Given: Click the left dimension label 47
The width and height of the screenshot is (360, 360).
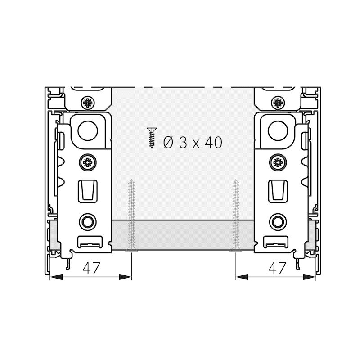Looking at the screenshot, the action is (x=91, y=268).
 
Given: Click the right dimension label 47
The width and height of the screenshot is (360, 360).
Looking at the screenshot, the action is (x=277, y=268).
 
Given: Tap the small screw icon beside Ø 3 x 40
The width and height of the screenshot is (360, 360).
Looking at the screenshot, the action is (x=152, y=138).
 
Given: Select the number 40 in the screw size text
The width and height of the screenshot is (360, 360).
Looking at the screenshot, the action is (x=213, y=142).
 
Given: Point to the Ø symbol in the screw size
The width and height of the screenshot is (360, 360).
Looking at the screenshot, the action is (x=168, y=142).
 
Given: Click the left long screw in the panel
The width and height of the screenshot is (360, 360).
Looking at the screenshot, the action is (x=131, y=216).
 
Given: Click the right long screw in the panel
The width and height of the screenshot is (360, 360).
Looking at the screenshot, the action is (x=235, y=216).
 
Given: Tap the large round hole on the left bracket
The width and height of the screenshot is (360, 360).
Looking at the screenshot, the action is (x=88, y=130).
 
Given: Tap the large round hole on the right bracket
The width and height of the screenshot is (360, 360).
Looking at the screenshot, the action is (x=278, y=130).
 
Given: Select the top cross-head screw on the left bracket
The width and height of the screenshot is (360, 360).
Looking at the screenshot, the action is (x=88, y=103).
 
